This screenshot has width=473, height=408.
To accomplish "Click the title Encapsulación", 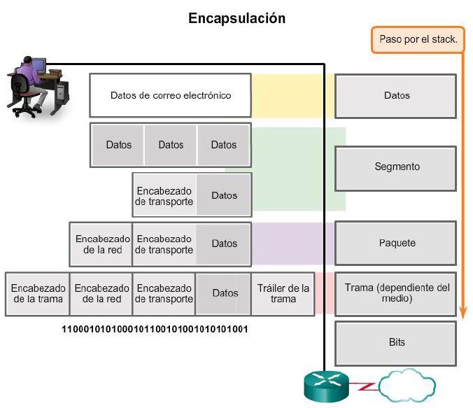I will point(236,19).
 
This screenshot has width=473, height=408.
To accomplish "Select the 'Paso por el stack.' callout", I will point(418,40).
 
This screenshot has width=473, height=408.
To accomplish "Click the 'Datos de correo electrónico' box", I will point(170,95).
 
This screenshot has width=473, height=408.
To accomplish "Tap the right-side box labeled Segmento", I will point(396,167).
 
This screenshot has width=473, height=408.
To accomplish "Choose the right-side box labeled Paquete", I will point(396,243).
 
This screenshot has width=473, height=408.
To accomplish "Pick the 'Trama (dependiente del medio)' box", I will point(396,293).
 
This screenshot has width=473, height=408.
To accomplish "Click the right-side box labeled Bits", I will point(396,342).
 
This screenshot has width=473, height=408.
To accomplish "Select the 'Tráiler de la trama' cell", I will point(283,293).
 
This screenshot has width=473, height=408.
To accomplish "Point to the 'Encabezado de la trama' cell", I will point(38,293).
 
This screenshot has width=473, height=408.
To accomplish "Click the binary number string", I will point(155,329).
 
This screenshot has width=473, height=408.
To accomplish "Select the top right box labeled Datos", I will point(396,95).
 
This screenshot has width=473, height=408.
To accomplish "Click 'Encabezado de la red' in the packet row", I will point(100,244).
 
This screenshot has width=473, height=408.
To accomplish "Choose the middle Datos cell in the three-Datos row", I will point(171,145).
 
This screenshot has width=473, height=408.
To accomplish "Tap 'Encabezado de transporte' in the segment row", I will point(164,195).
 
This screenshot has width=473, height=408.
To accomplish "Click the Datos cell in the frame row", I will point(225,293).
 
